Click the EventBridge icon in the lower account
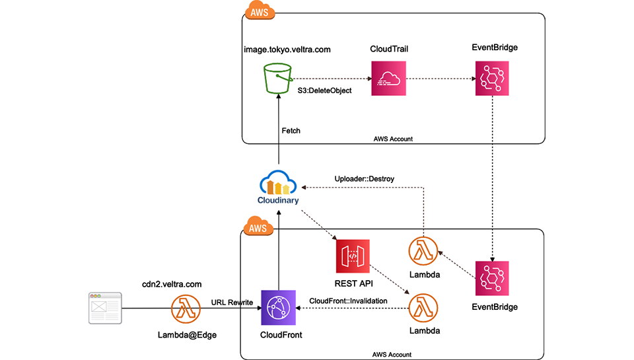[492, 278]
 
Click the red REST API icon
[352, 257]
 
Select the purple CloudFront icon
[278, 308]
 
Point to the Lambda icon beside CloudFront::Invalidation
[425, 308]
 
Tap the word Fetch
[291, 131]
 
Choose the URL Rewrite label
[231, 302]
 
